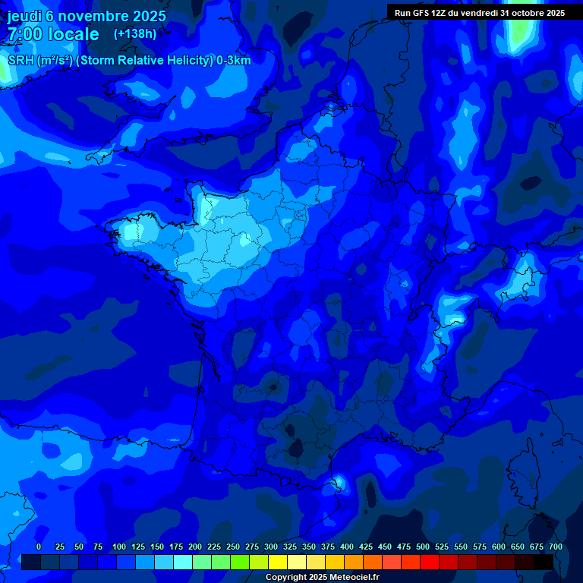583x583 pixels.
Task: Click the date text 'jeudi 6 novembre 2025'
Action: click(87, 16)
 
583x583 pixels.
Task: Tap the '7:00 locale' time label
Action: click(53, 34)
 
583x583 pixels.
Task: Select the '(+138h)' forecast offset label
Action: click(134, 33)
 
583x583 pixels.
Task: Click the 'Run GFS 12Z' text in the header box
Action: click(424, 13)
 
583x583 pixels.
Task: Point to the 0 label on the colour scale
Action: click(39, 547)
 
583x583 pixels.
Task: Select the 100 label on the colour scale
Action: click(119, 547)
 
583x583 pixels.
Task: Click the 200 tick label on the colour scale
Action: click(195, 547)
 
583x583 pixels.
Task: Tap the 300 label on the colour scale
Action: click(271, 547)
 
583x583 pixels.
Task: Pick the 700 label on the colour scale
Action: click(556, 547)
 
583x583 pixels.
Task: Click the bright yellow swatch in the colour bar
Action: click(278, 562)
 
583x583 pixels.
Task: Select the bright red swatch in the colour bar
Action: click(430, 562)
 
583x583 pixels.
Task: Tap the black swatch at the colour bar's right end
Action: click(544, 562)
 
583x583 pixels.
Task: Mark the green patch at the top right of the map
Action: click(520, 30)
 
